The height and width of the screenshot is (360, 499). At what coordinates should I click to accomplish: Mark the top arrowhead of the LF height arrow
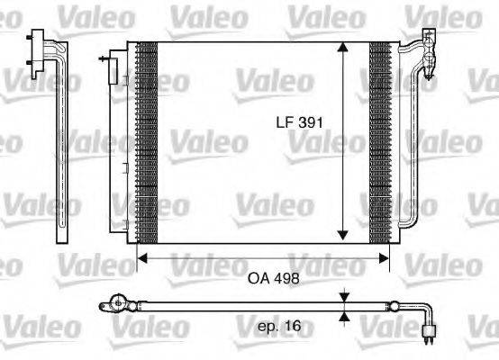click(x=343, y=48)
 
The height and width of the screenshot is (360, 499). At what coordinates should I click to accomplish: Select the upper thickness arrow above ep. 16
click(x=344, y=297)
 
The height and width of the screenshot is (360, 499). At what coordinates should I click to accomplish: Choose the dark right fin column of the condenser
click(x=381, y=144)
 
